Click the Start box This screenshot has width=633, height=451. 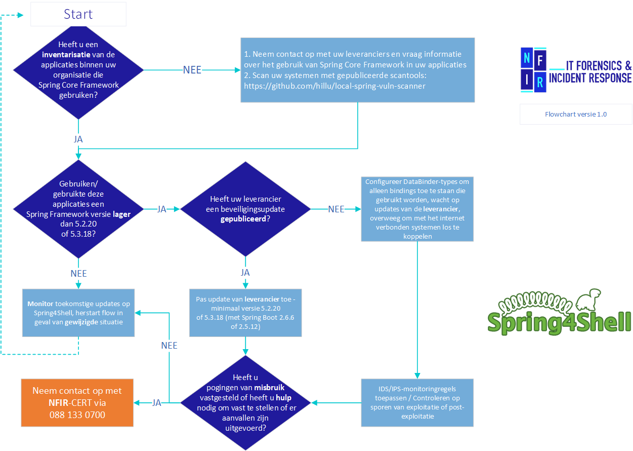coord(78,14)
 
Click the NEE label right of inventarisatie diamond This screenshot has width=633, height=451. coord(192,70)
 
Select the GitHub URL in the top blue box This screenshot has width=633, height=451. coord(334,86)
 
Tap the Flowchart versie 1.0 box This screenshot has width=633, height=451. coord(576,114)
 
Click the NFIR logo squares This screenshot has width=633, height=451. coord(533,70)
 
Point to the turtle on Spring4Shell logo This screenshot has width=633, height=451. coord(590,299)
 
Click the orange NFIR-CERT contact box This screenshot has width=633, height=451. coord(77,403)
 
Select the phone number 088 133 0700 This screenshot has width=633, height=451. coord(77,415)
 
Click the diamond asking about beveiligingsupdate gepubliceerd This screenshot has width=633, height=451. coord(245,209)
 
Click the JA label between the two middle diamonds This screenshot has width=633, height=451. coord(162,209)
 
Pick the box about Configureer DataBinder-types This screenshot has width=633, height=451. coord(417,209)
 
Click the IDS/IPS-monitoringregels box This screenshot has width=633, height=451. coord(417,403)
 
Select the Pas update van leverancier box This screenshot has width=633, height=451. coord(245,313)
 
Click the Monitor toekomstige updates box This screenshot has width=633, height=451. coord(78,313)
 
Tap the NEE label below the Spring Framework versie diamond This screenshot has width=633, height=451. coord(78,274)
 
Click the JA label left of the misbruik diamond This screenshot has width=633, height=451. coord(157,403)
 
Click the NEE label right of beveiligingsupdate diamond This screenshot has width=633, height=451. coord(336,209)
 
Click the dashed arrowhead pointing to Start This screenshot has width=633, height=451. coord(21,15)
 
